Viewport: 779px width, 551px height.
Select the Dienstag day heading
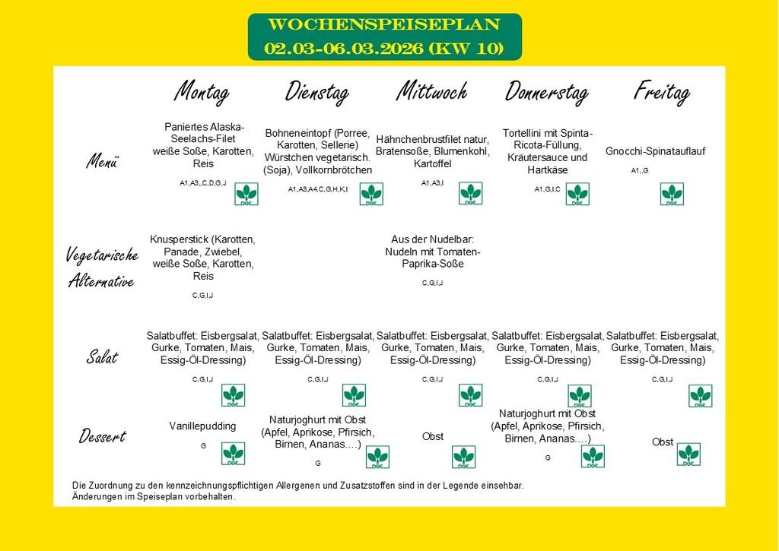pos(316,92)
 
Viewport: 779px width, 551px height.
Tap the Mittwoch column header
pos(431,92)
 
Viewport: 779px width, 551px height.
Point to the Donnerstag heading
pos(546,92)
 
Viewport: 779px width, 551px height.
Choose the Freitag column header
pos(661,92)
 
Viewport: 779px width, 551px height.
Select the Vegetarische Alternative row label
pos(103,268)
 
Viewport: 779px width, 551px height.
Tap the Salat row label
pos(102,356)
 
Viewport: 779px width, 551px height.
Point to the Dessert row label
pos(103,436)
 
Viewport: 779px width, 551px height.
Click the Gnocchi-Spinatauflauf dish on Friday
pos(655,151)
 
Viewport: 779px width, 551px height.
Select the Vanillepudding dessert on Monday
pos(202,426)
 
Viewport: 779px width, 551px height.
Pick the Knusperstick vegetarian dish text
pos(203,258)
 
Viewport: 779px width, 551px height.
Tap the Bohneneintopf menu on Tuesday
pos(318,151)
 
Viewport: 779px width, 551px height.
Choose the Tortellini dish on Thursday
pos(547,151)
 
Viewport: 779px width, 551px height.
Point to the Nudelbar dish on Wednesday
pos(432,251)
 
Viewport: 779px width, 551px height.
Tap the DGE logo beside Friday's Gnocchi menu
pos(672,194)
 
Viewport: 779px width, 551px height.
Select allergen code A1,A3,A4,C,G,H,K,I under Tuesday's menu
pos(318,188)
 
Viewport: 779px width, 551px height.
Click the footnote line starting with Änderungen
pos(154,496)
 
